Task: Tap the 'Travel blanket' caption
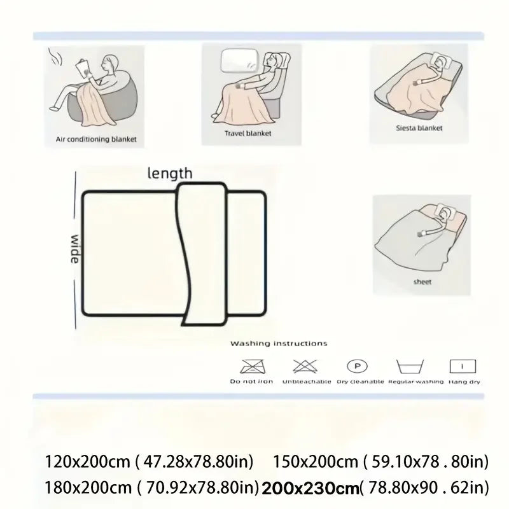(248, 134)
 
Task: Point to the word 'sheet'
(422, 281)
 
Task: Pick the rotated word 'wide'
(75, 249)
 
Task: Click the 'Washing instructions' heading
(279, 344)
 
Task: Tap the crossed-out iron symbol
(246, 366)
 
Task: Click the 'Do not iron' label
(244, 382)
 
